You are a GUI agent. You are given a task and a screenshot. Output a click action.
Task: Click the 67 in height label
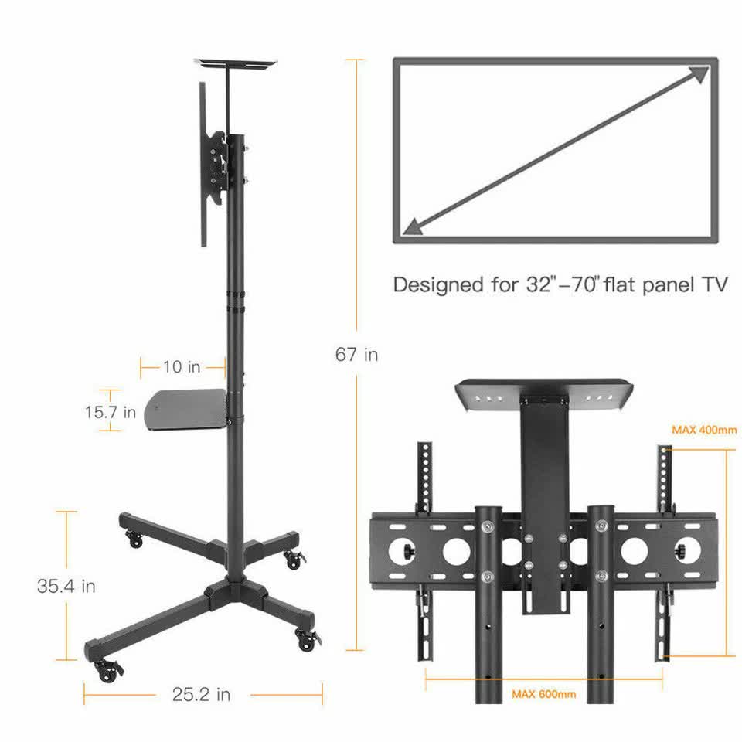click(356, 355)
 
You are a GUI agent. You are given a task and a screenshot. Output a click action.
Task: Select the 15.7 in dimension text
click(111, 412)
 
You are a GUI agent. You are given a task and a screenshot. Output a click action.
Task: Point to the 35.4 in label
click(66, 586)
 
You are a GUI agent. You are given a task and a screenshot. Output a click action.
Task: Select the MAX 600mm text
click(544, 694)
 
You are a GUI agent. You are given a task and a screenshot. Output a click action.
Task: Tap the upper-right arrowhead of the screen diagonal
click(698, 75)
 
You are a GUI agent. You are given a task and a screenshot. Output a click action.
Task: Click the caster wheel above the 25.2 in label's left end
click(106, 670)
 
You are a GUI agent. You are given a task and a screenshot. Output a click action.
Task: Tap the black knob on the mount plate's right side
click(683, 551)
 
